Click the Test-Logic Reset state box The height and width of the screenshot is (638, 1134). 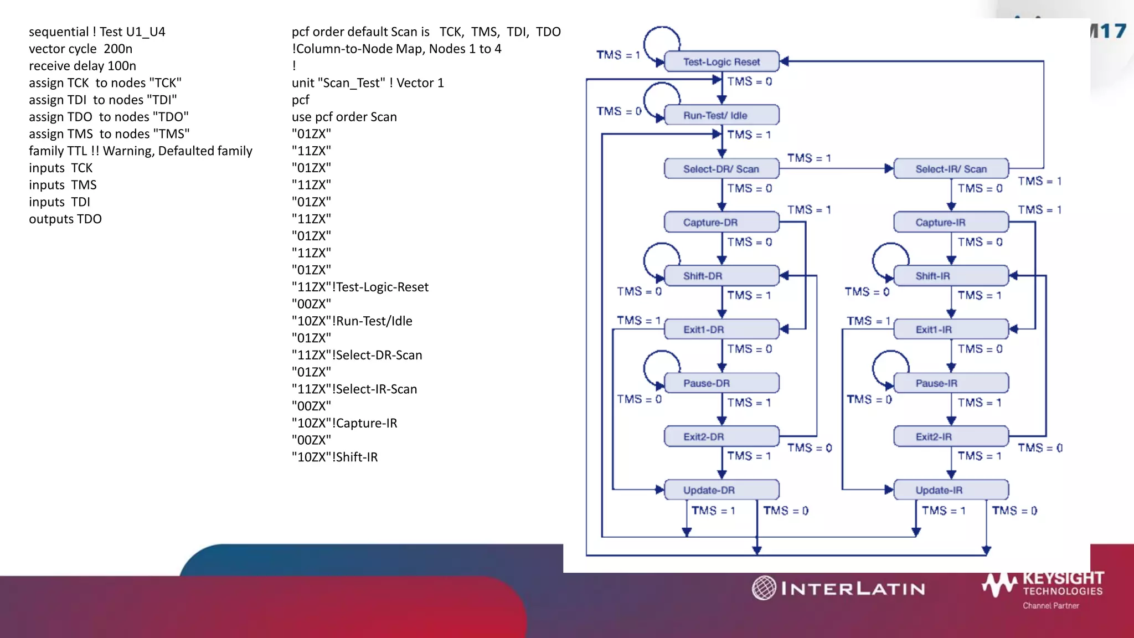pyautogui.click(x=721, y=61)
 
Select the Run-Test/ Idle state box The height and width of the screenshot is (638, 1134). pyautogui.click(x=721, y=115)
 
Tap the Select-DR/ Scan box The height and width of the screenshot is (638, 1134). pyautogui.click(x=721, y=169)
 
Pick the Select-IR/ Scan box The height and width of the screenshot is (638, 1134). pyautogui.click(x=951, y=169)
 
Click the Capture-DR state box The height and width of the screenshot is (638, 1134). pyautogui.click(x=721, y=222)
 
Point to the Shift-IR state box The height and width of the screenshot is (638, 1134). pyautogui.click(x=951, y=276)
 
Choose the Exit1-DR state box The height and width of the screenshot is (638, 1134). pyautogui.click(x=721, y=330)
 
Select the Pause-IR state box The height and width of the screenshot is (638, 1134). pyautogui.click(x=951, y=383)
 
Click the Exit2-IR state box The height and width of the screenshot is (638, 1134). pyautogui.click(x=951, y=436)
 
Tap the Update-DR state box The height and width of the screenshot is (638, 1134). pyautogui.click(x=721, y=490)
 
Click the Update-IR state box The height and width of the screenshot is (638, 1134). pyautogui.click(x=951, y=490)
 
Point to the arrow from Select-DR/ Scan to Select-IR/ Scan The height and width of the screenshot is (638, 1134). pyautogui.click(x=836, y=168)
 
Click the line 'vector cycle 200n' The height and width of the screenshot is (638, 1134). pyautogui.click(x=81, y=49)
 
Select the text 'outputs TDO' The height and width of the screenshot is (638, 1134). pyautogui.click(x=65, y=219)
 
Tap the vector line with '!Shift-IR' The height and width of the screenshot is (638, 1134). pyautogui.click(x=335, y=457)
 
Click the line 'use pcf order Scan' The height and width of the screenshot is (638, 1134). pyautogui.click(x=344, y=117)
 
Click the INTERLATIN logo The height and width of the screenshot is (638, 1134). pyautogui.click(x=838, y=588)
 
